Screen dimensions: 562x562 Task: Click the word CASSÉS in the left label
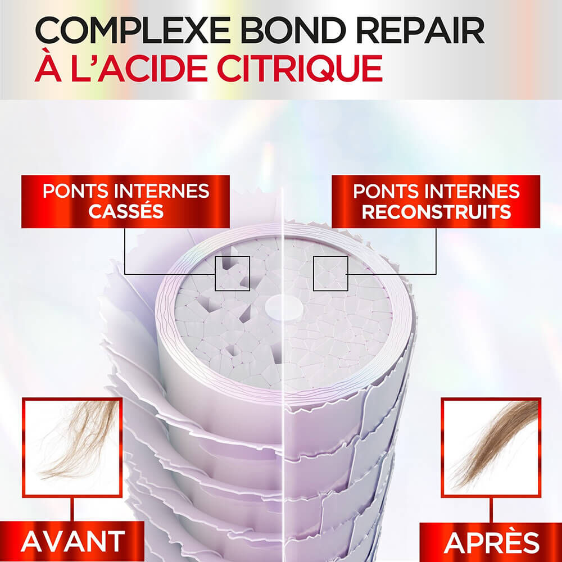[x=125, y=212]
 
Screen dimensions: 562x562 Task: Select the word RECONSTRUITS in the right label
[x=436, y=212]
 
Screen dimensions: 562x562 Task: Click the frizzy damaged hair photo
[x=72, y=447]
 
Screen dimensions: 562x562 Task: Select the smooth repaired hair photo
[x=491, y=447]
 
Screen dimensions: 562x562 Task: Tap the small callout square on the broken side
[x=232, y=273]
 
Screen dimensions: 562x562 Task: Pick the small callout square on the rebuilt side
[x=330, y=273]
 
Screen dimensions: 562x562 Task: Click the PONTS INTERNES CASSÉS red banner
[x=125, y=201]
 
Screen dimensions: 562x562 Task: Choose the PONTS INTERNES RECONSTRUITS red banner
[x=436, y=201]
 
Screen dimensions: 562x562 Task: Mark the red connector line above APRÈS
[x=491, y=510]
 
